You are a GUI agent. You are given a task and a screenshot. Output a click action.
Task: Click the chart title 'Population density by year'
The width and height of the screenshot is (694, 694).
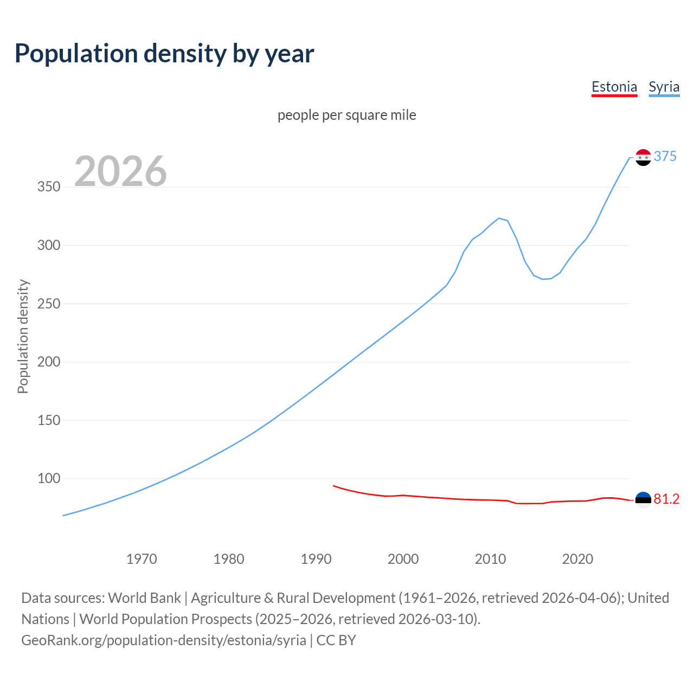pos(164,54)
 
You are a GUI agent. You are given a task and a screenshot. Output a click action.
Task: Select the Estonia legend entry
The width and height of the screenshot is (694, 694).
pos(614,87)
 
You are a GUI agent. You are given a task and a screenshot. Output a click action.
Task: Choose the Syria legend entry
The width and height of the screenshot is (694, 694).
pos(664,87)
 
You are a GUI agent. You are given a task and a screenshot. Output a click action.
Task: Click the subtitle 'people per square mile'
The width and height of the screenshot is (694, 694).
pos(347,115)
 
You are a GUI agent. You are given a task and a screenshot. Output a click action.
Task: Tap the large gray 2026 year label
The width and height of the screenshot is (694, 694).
pos(120,171)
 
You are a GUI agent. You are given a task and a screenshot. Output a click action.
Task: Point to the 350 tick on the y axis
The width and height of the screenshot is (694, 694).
pos(49,187)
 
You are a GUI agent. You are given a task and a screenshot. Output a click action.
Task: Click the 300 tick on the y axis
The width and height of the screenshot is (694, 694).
pos(49,246)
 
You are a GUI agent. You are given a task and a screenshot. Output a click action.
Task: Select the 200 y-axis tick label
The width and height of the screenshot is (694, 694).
pos(49,362)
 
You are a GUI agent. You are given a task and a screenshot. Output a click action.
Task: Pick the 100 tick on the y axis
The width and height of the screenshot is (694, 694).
pos(49,479)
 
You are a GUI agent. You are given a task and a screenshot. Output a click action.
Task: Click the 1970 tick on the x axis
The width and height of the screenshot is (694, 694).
pos(142,559)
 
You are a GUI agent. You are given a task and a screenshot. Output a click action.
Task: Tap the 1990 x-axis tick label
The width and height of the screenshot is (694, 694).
pos(316,559)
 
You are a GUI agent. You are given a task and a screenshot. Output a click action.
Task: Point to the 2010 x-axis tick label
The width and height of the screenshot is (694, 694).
pos(490,559)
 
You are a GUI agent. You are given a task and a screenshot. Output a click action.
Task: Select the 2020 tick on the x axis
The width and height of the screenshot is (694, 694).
pos(577,559)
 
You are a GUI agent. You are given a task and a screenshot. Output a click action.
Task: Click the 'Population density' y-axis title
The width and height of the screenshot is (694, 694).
pos(23,336)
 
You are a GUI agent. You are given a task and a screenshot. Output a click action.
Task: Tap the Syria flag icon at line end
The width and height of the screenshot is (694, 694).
pos(643,157)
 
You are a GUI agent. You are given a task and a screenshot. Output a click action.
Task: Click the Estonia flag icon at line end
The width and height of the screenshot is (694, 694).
pos(643,499)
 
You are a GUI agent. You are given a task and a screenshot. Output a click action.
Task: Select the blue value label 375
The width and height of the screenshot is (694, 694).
pos(665,157)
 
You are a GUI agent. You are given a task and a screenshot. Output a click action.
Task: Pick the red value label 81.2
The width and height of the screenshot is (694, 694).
pos(666,499)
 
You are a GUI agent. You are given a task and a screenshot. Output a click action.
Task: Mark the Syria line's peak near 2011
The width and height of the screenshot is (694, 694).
pos(499,218)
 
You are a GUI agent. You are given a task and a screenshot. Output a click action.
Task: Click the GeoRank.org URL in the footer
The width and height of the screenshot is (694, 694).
pos(164,640)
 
